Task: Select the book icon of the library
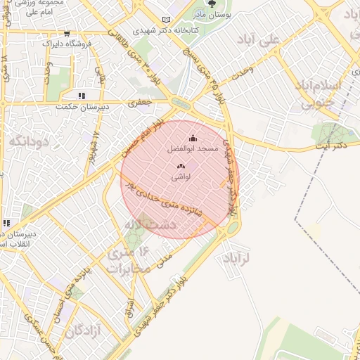166,20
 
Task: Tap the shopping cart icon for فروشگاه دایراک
66,33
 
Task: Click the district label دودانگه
30,141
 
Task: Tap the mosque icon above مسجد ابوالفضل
193,139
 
